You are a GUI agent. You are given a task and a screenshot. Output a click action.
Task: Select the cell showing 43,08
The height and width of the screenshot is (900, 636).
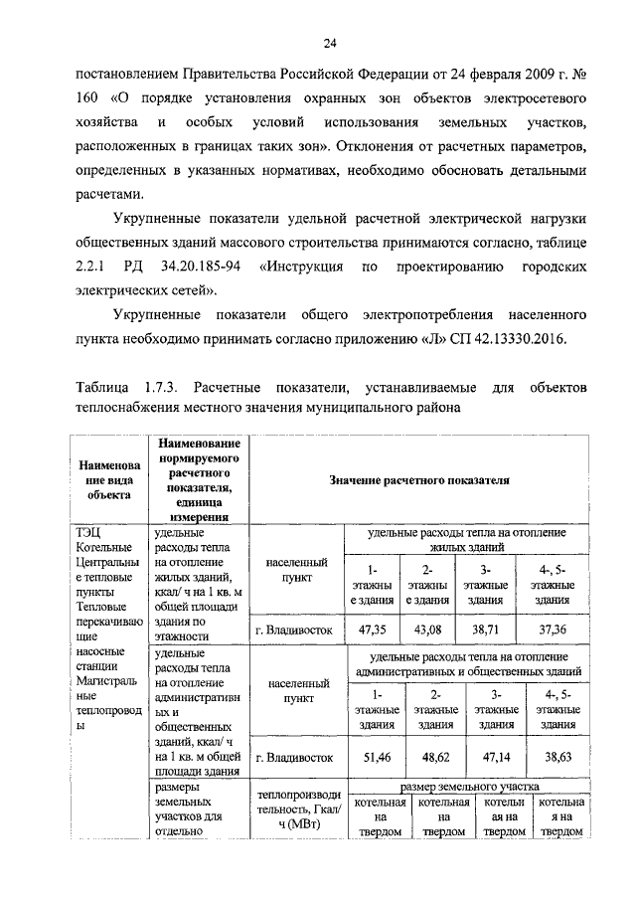click(x=425, y=629)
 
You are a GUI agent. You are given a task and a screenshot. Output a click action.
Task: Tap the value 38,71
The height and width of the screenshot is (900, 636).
click(x=484, y=629)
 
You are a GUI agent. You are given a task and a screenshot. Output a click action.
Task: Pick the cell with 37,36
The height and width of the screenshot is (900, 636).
click(x=552, y=629)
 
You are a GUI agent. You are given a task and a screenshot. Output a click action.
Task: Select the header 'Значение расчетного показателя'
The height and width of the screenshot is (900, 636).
click(x=419, y=479)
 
